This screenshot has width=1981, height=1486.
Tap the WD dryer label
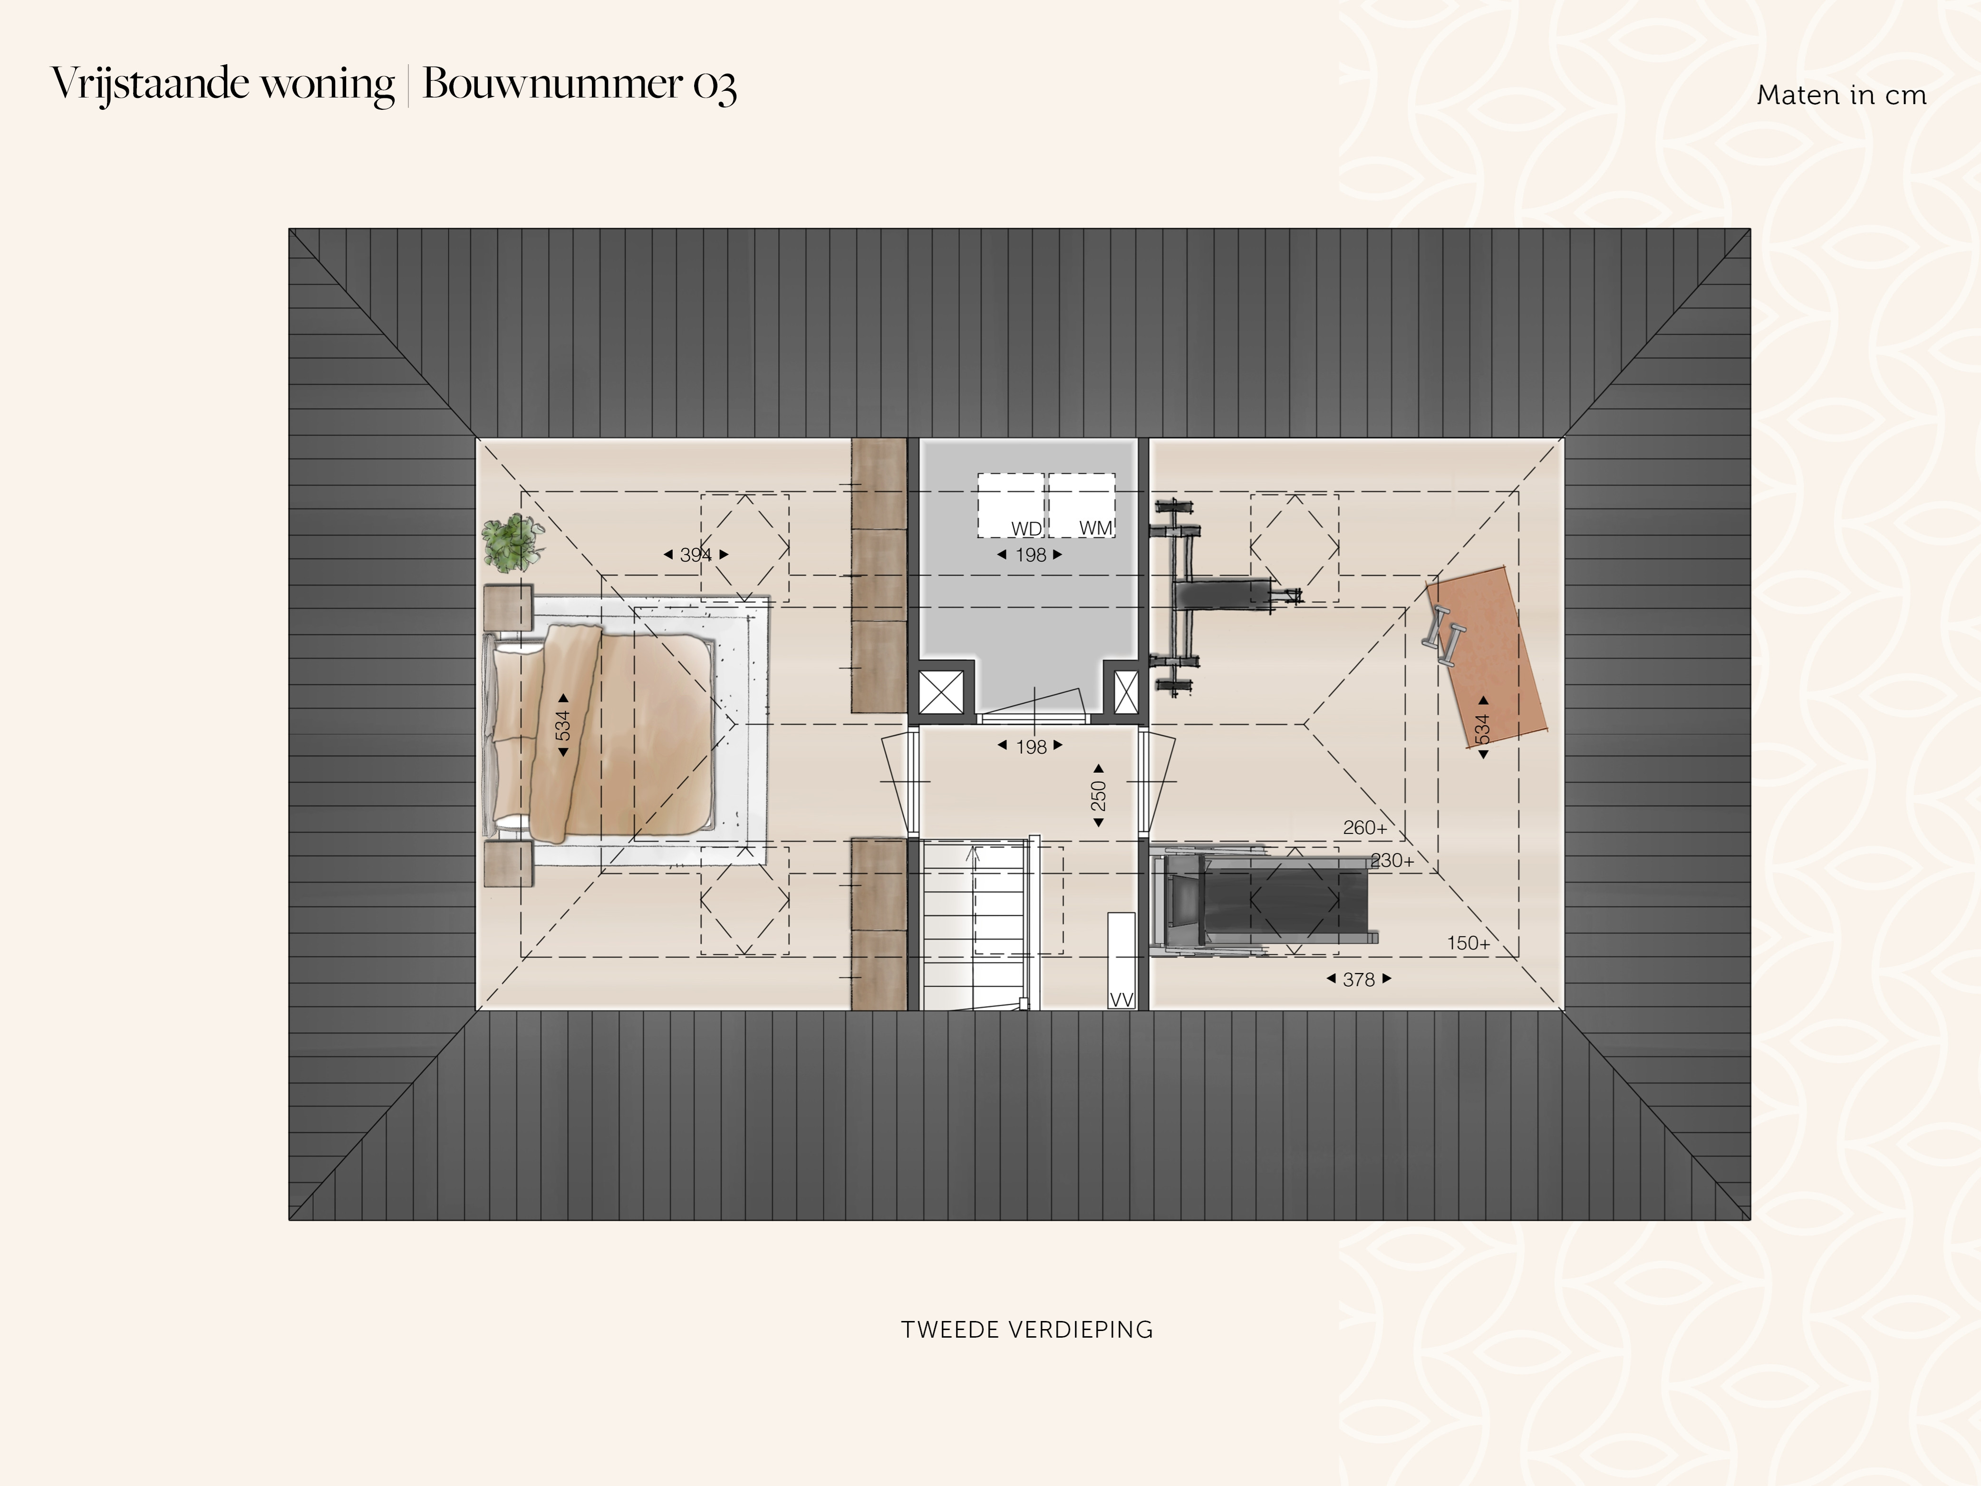(1026, 528)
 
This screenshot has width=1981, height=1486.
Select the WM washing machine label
(1095, 527)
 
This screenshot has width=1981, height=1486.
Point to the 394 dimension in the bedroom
(696, 554)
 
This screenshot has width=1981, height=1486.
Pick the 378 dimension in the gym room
(1359, 979)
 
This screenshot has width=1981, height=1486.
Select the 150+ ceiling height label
(1469, 943)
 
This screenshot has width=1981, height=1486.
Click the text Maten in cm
(1841, 95)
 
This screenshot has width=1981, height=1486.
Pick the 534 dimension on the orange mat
(1483, 728)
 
